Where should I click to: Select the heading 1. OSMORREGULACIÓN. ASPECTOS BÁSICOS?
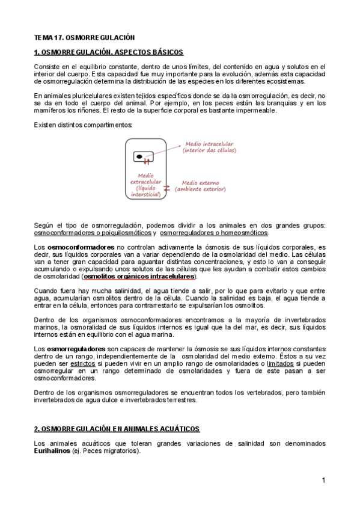109,52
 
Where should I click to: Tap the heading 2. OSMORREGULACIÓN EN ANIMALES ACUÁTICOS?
117,429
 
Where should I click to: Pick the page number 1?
323,481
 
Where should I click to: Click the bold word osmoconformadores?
81,247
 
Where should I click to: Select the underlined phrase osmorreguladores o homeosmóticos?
214,233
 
